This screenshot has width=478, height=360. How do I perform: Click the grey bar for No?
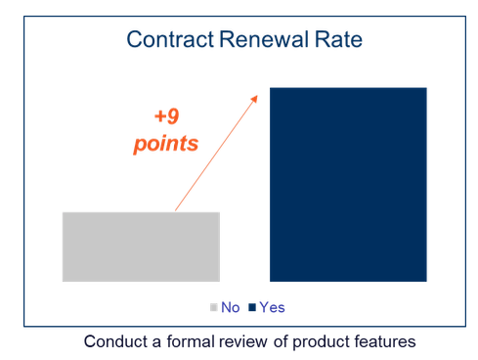(x=141, y=246)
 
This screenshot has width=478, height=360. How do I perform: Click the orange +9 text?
(x=167, y=115)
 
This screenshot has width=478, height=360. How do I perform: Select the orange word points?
(x=166, y=143)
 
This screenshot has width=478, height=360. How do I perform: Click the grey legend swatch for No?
(x=214, y=307)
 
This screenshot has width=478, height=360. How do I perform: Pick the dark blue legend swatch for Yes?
(x=251, y=307)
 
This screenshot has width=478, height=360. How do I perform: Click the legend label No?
(x=231, y=307)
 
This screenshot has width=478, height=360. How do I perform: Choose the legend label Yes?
(x=272, y=307)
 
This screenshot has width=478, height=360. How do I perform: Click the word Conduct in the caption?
(x=113, y=341)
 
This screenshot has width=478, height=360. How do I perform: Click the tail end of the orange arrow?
(x=176, y=209)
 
